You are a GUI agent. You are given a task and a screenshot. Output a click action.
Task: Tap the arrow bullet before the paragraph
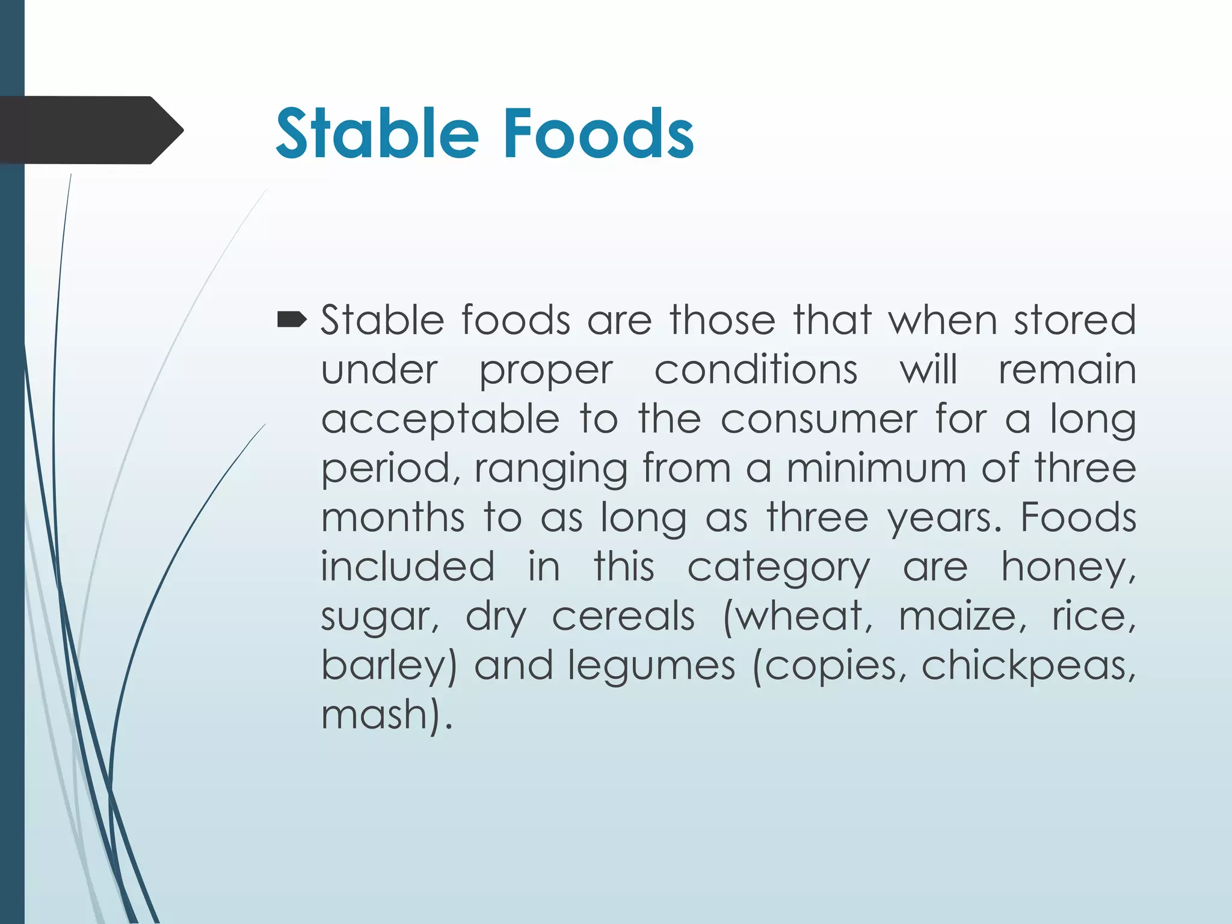tap(292, 320)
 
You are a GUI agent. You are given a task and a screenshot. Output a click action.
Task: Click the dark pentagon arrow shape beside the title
tap(90, 130)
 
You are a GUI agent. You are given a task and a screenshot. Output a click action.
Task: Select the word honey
tap(1067, 568)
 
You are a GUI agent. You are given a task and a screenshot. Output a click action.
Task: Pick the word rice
tap(1092, 617)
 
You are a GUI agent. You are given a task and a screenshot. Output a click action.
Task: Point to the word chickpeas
tap(1028, 667)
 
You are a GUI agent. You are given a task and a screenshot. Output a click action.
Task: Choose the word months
tap(393, 517)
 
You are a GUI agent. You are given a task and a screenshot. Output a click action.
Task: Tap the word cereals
tap(623, 617)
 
